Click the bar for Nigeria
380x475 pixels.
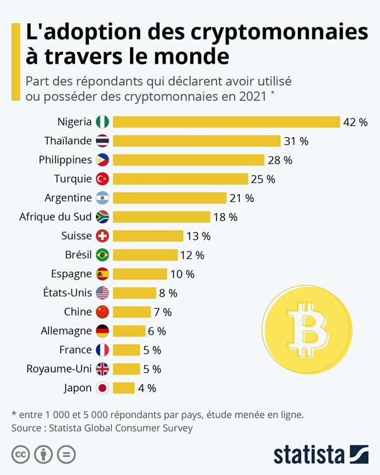click(226, 122)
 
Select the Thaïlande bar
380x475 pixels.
click(196, 141)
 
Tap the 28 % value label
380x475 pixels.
click(280, 160)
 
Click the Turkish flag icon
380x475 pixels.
click(102, 179)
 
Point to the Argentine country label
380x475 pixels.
click(68, 198)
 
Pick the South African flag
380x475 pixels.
click(102, 217)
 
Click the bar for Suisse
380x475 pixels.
click(148, 236)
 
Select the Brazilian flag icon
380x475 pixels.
click(102, 255)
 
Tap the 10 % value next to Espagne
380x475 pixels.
click(182, 274)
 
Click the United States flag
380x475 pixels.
click(102, 293)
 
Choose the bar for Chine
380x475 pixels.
click(132, 312)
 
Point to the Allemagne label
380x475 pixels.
click(62, 331)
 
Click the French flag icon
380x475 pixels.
click(102, 350)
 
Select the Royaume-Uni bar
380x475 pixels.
click(126, 369)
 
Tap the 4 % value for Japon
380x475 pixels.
click(146, 388)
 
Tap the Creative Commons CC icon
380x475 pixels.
click(21, 454)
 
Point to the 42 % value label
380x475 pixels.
click(355, 122)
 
